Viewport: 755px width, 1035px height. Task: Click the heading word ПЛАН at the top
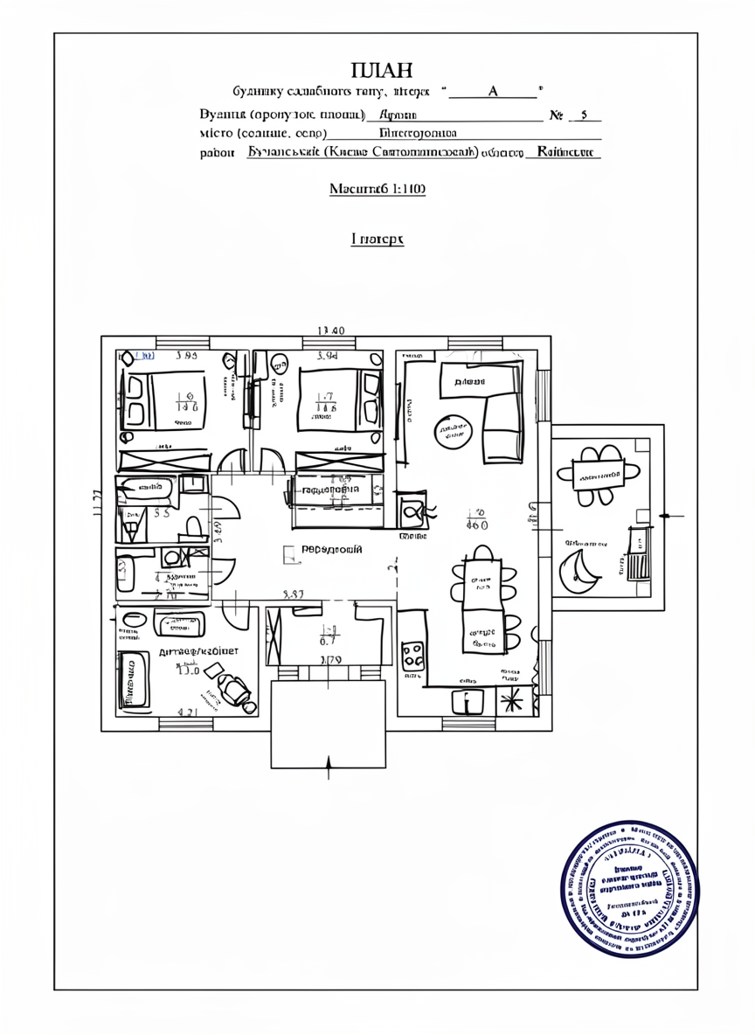click(381, 71)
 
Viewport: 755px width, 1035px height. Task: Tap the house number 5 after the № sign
click(585, 115)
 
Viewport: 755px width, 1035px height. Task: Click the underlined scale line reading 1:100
click(377, 189)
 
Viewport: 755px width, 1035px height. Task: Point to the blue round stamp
click(630, 889)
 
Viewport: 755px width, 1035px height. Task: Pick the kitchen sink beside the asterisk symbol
click(468, 700)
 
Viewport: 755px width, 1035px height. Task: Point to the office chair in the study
click(232, 688)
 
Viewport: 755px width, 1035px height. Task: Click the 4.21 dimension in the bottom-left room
click(186, 712)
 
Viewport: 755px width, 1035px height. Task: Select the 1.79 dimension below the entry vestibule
click(330, 661)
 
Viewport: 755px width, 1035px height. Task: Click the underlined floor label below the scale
click(377, 238)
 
